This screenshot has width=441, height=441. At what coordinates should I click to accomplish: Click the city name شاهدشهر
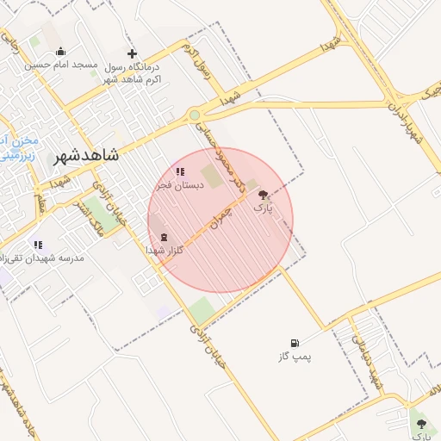(85, 158)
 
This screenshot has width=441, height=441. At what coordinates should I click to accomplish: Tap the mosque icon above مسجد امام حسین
(59, 51)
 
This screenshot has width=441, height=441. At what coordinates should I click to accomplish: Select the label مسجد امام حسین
(59, 65)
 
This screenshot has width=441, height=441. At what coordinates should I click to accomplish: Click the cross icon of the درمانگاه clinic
(132, 53)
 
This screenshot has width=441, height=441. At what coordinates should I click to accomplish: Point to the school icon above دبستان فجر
(179, 171)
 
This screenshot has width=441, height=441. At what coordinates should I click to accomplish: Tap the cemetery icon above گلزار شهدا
(164, 237)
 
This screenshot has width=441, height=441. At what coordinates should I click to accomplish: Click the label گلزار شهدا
(161, 250)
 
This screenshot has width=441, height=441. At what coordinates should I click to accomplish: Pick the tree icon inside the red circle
(263, 196)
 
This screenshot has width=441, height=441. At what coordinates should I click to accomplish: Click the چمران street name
(220, 214)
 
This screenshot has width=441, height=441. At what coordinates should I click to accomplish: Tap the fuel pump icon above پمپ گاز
(295, 343)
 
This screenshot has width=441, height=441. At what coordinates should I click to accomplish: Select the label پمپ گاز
(295, 356)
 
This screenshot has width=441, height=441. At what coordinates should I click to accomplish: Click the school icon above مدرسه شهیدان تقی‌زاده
(37, 245)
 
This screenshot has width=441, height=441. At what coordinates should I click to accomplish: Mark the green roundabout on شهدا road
(196, 115)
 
